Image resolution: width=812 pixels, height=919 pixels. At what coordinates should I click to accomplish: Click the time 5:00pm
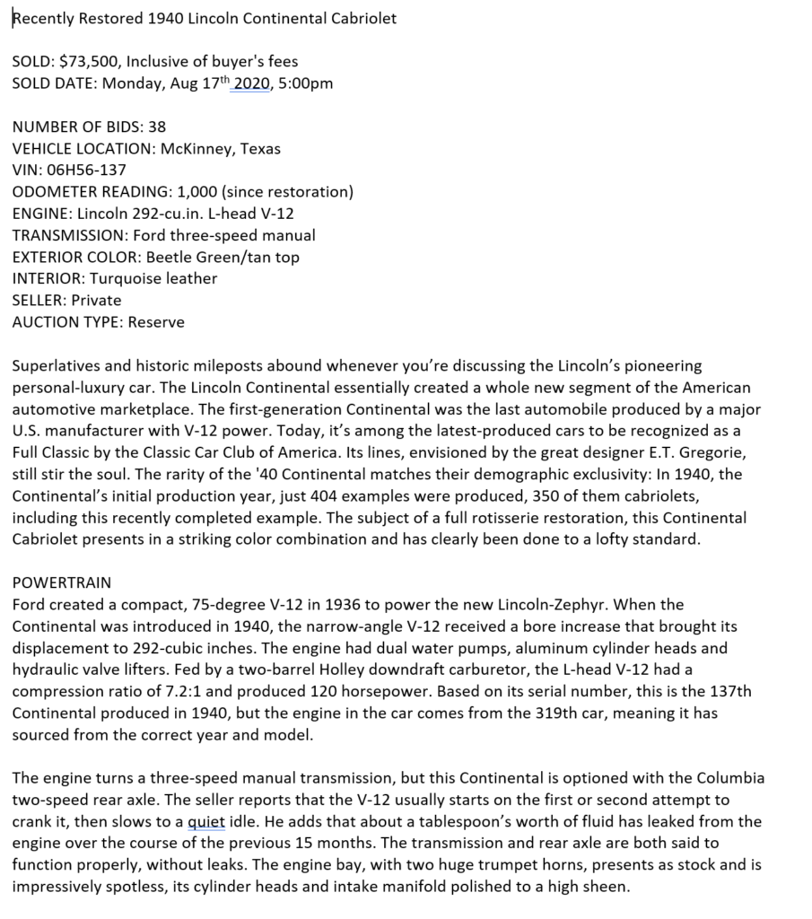pos(307,83)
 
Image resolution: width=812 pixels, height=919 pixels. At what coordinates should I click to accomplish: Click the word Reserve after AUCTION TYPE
pos(156,321)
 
